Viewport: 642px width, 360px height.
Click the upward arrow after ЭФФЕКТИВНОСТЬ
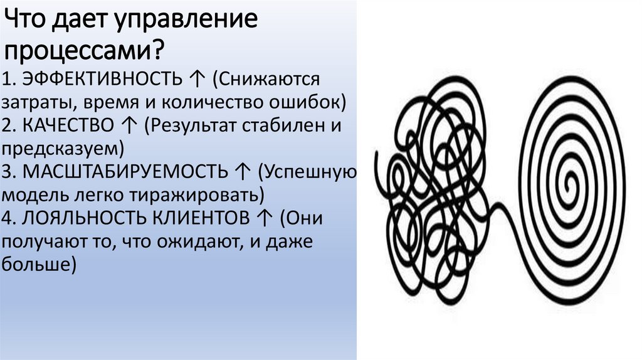coord(195,80)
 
